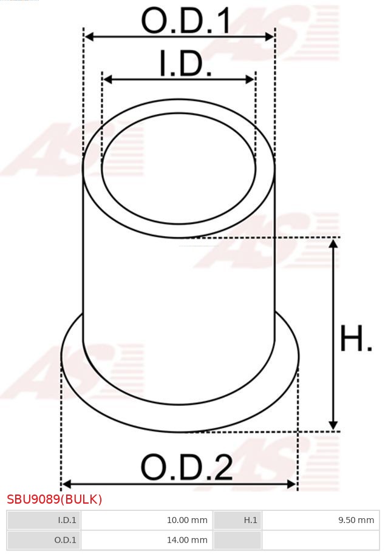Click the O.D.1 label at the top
(186, 21)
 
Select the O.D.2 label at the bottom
(186, 468)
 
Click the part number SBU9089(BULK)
(55, 499)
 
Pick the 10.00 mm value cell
(146, 520)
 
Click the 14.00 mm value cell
(146, 540)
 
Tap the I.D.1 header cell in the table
(44, 520)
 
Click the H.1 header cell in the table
(237, 520)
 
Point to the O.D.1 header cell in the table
(44, 540)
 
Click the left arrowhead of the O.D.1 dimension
(89, 37)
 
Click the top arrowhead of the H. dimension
(333, 243)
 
